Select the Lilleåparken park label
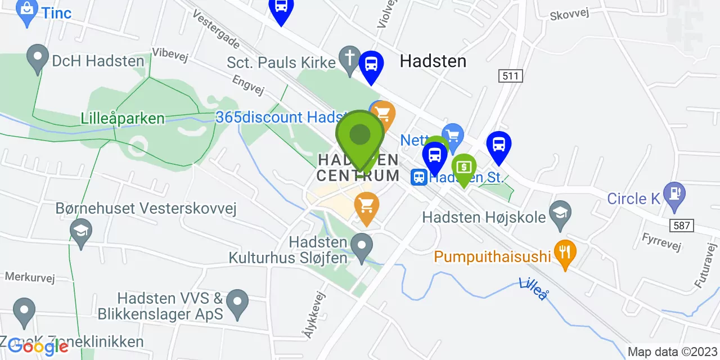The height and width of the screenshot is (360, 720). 123,119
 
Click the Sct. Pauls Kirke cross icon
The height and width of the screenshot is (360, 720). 349,58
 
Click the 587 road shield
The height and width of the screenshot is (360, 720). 682,226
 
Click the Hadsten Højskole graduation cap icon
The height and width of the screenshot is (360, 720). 560,213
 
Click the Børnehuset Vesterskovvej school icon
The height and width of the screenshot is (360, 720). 81,231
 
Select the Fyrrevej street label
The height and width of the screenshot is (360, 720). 661,241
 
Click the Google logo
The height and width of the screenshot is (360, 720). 38,346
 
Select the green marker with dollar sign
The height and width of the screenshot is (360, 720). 464,167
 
